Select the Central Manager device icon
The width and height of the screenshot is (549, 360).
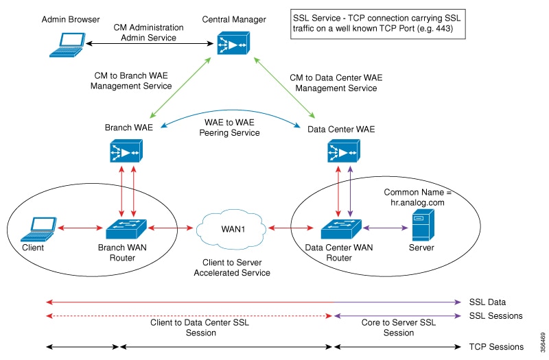[x=231, y=43]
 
